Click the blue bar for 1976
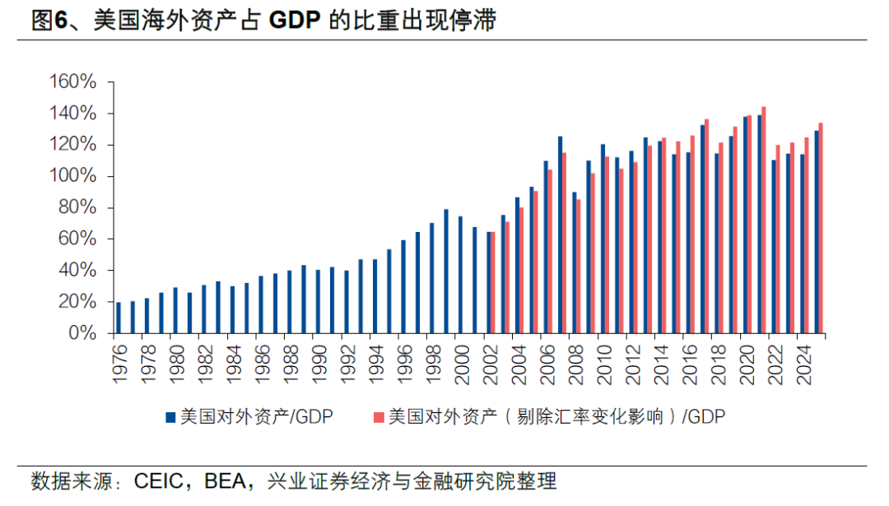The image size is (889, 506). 119,318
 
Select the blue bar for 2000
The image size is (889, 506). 460,275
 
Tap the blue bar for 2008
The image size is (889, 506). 575,262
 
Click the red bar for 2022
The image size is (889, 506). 778,239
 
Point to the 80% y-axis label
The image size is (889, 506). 77,208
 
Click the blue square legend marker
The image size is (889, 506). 171,417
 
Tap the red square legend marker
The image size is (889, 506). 379,417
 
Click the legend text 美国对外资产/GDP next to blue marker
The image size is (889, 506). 255,417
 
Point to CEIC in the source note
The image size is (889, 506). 157,480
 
